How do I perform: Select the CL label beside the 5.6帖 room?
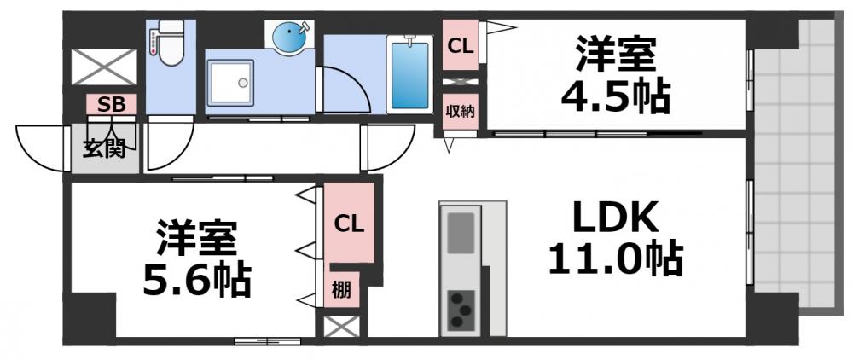click(x=349, y=224)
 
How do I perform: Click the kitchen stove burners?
click(x=461, y=309)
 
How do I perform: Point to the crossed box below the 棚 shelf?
click(x=340, y=326)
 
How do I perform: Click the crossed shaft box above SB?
click(x=103, y=67)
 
